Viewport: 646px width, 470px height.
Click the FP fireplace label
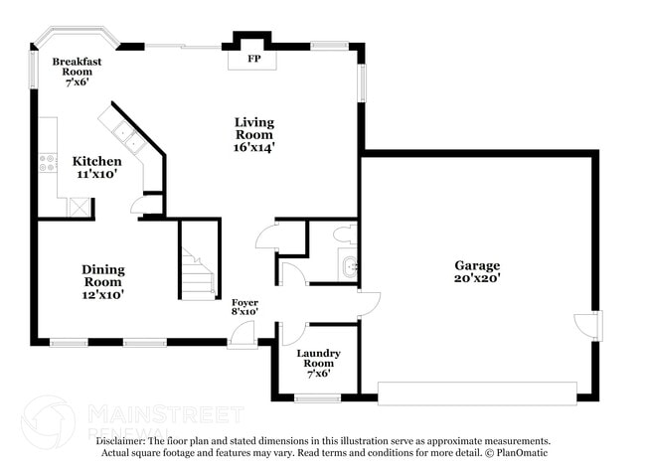pos(254,59)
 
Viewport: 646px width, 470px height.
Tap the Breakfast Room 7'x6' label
pos(78,72)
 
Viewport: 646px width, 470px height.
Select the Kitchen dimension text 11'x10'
pos(97,174)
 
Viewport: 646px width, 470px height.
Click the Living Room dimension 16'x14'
pos(254,147)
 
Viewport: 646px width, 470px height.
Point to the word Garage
pos(477,265)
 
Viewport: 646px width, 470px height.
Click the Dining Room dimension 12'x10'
pos(103,295)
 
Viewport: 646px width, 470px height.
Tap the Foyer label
pos(244,303)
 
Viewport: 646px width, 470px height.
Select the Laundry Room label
pos(318,358)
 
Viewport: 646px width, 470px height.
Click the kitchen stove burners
pos(48,162)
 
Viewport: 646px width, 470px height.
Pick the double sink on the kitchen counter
pos(129,137)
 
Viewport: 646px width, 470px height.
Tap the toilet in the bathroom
pos(345,234)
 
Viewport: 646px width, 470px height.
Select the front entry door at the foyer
pos(242,333)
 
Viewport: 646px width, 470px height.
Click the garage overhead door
pos(477,393)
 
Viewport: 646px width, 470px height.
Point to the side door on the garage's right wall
pos(588,325)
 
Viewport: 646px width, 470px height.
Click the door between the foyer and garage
pos(369,305)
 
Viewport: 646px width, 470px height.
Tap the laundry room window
pos(317,397)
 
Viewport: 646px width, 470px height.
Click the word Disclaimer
pos(120,441)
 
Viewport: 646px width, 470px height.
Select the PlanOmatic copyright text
pos(517,453)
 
